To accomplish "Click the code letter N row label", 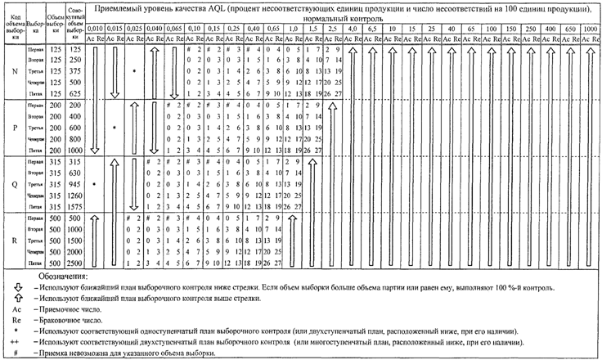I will pos(16,71).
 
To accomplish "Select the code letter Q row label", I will pos(16,184).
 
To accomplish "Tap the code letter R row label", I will pos(16,241).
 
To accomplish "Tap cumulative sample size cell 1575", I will pos(74,207).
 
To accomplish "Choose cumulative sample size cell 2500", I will pos(74,264).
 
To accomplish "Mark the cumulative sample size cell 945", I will pos(74,184).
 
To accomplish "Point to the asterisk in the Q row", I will pos(94,185).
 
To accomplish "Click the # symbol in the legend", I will pos(16,353).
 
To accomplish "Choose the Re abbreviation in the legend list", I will pos(16,321).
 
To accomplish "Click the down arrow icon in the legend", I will pos(16,289).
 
